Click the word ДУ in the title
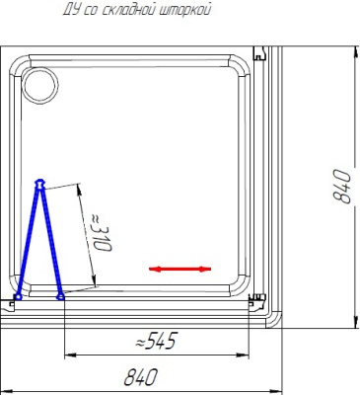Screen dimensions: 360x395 click(x=72, y=10)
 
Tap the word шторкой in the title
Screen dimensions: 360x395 click(x=185, y=10)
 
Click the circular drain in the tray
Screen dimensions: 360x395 click(x=39, y=86)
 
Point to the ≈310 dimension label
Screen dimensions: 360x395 click(x=101, y=232)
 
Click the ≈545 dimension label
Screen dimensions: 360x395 click(x=157, y=341)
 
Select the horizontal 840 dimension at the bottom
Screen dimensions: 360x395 click(x=140, y=377)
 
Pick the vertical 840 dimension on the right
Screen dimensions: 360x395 click(x=341, y=186)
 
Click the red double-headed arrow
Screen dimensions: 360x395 click(x=180, y=269)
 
